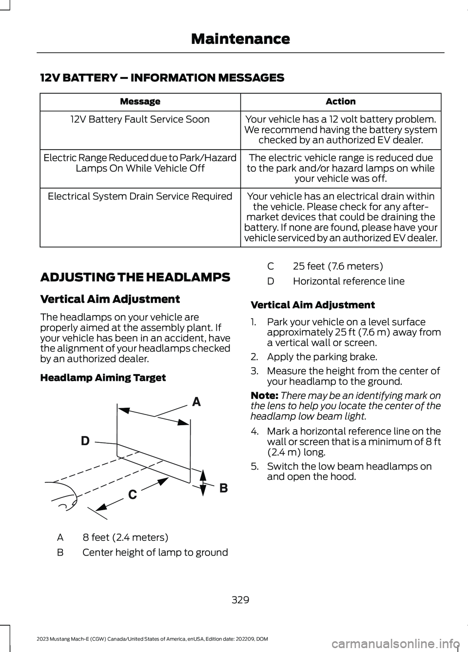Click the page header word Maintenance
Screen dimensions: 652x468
click(240, 39)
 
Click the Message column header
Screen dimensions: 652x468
click(140, 101)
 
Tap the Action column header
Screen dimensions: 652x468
click(340, 101)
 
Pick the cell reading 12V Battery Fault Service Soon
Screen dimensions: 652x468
click(140, 119)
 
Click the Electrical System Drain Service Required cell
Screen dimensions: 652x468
click(140, 197)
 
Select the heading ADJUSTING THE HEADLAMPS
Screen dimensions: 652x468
click(136, 277)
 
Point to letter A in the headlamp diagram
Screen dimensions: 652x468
click(196, 402)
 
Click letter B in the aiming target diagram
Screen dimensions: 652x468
click(223, 488)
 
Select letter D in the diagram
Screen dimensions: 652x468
click(85, 441)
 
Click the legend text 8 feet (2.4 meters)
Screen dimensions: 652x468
click(125, 537)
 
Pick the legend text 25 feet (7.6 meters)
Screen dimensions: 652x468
click(338, 266)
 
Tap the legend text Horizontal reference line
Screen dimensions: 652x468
click(349, 281)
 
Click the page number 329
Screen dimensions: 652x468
click(240, 599)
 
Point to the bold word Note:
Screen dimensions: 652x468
click(264, 395)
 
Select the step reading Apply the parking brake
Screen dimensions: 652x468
click(322, 356)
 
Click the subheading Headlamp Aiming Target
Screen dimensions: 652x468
click(103, 377)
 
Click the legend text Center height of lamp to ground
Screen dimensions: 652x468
click(155, 553)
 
